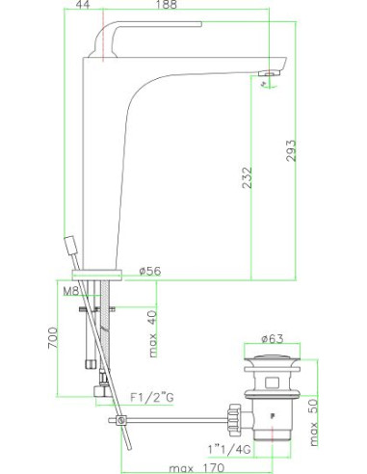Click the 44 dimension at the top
pyautogui.click(x=83, y=4)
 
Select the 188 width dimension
pyautogui.click(x=168, y=4)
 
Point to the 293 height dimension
pyautogui.click(x=291, y=150)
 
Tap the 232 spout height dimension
pyautogui.click(x=247, y=177)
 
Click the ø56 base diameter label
pyautogui.click(x=150, y=271)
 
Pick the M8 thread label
pyautogui.click(x=71, y=291)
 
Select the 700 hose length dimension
pyautogui.click(x=53, y=338)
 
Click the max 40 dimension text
pyautogui.click(x=153, y=333)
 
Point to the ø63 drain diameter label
pyautogui.click(x=273, y=339)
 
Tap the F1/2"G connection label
pyautogui.click(x=152, y=398)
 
